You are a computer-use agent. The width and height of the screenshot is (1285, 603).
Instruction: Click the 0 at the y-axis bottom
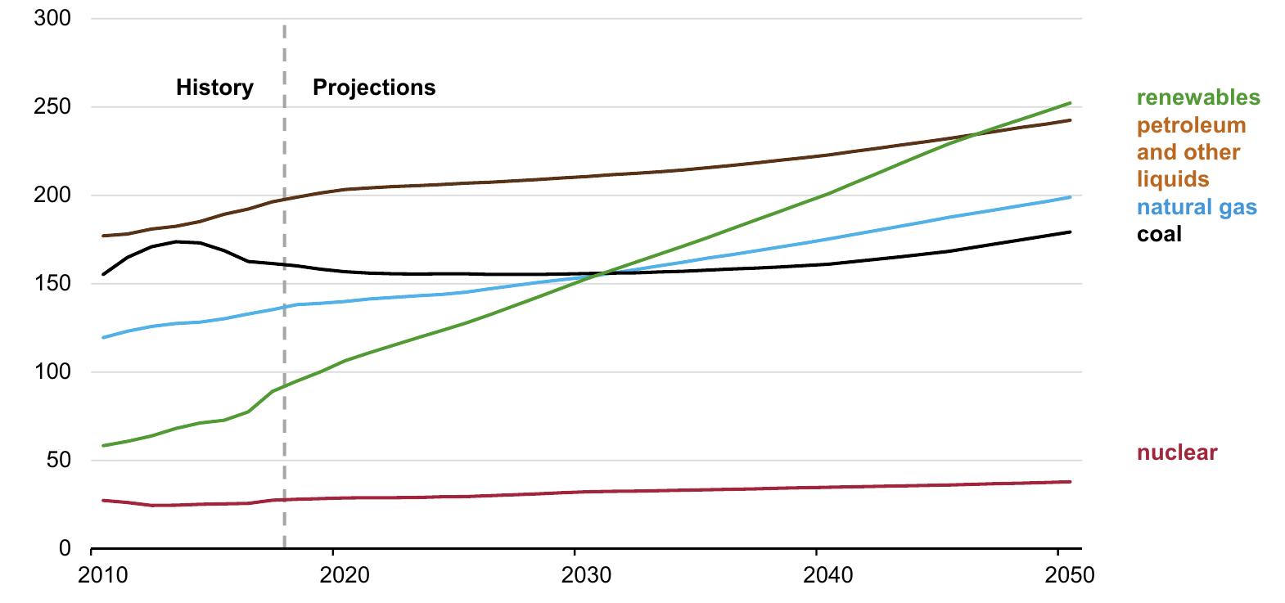64,549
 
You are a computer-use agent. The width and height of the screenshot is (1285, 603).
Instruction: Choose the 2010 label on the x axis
103,575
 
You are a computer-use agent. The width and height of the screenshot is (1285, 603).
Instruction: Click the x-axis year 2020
345,575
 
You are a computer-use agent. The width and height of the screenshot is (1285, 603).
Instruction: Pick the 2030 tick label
586,575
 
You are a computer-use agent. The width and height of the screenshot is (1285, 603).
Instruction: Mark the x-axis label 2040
827,575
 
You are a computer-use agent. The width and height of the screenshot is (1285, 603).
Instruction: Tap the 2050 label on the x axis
1069,575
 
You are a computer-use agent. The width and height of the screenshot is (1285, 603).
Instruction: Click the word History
214,88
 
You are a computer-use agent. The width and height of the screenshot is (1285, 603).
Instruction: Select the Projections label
374,88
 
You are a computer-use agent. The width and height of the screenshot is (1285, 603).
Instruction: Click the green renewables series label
1198,98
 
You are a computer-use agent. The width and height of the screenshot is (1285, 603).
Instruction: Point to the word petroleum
1191,125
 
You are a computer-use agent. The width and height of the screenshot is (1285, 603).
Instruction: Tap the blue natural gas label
1196,207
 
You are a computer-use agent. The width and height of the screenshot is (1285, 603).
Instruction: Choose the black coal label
1159,234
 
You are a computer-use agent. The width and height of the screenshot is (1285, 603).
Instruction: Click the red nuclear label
1176,452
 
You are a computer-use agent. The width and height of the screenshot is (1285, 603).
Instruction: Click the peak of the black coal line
177,241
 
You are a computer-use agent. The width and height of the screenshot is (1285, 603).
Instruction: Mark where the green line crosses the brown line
976,135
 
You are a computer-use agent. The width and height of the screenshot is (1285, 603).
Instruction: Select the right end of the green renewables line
1071,103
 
